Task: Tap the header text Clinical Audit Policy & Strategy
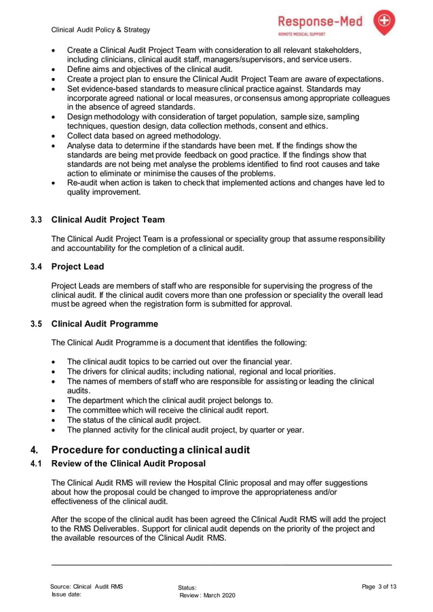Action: point(101,30)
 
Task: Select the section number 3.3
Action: point(37,220)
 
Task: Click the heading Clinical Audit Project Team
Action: point(108,220)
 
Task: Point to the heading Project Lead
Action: point(78,267)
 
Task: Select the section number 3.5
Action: point(37,324)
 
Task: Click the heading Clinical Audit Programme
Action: point(105,324)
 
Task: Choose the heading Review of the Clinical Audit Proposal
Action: point(128,464)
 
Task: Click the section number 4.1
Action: point(37,464)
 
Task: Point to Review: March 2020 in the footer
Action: point(207,595)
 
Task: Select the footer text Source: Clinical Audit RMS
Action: point(87,586)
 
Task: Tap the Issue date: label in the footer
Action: point(67,594)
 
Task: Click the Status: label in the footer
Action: point(187,587)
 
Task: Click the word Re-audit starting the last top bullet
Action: point(83,183)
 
